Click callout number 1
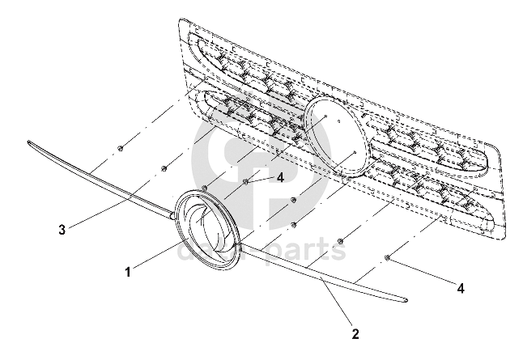[127, 273]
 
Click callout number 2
[355, 332]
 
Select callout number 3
[62, 229]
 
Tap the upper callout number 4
[280, 176]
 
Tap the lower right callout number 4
[461, 286]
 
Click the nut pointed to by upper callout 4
[246, 182]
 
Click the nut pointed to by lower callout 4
[388, 258]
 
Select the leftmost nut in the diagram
[120, 147]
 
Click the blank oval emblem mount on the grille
[334, 135]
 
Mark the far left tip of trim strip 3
[30, 143]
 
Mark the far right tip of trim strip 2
[404, 302]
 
